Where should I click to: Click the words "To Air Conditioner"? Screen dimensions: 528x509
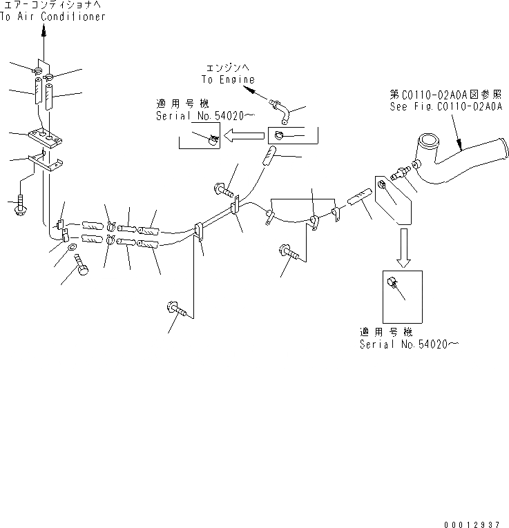[52, 17]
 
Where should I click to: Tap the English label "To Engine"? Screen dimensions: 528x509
[228, 79]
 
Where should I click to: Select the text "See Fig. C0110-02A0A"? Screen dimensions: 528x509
[445, 107]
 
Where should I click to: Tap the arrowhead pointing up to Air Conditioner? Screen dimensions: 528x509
[43, 31]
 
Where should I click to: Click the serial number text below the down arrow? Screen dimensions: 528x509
[405, 344]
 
